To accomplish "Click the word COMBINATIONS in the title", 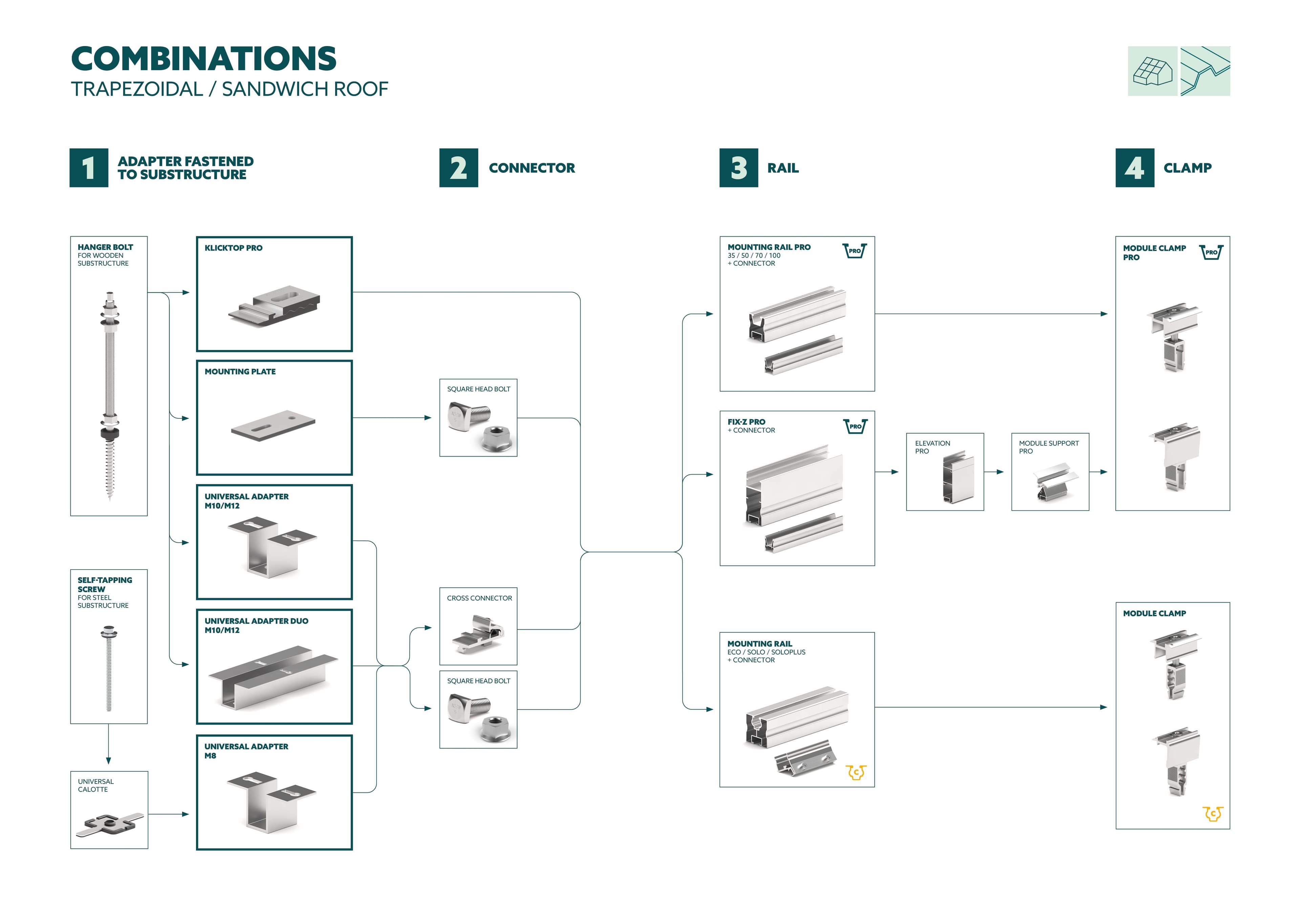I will click(204, 59).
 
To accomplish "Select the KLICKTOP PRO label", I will click(233, 248).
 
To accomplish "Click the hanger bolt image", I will click(109, 396).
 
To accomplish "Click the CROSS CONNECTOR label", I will click(479, 598).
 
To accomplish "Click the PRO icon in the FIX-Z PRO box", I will click(855, 426).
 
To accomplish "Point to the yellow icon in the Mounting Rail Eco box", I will click(855, 772).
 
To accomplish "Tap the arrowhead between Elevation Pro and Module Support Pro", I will click(1000, 472).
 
